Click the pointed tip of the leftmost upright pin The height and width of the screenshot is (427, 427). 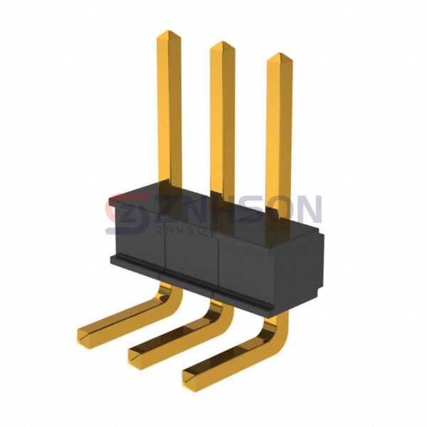point(168,31)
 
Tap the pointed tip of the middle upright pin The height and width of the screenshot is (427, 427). point(222,42)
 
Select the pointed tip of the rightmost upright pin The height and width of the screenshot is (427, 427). point(280,54)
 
